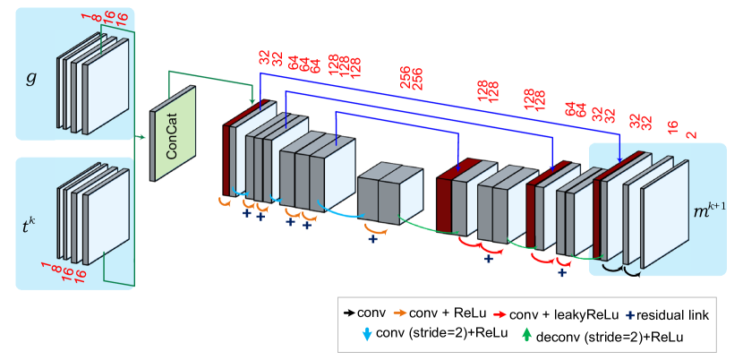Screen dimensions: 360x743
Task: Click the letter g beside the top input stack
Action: click(31, 78)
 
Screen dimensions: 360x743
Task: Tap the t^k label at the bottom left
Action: click(30, 226)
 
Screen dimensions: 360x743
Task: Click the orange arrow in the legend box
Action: click(400, 313)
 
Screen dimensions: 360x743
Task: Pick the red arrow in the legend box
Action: click(500, 314)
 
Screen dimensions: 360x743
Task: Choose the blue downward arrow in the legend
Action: click(367, 335)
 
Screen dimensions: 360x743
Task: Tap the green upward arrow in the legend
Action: click(526, 335)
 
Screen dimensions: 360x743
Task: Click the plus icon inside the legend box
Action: click(630, 315)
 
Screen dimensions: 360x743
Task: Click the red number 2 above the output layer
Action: click(690, 135)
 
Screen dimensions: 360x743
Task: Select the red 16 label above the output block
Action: click(672, 127)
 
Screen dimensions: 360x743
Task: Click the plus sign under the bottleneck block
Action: click(372, 239)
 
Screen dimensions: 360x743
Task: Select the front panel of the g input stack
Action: click(107, 87)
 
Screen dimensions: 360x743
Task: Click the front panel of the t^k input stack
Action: click(107, 229)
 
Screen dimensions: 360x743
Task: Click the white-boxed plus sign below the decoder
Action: click(562, 272)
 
